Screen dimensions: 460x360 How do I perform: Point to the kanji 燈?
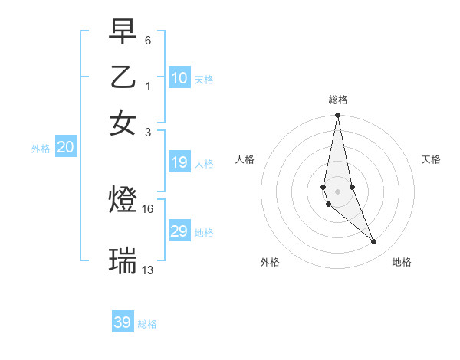coord(123,201)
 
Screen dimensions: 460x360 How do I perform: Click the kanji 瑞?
coord(123,260)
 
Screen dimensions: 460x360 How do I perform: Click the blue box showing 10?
coord(179,78)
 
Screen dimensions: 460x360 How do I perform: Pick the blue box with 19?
coord(179,162)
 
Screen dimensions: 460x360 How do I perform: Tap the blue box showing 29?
coord(179,231)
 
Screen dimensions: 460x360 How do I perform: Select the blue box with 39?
coord(123,322)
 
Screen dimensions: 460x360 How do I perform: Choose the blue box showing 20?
coord(66,148)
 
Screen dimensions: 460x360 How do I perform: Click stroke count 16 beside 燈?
coord(148,208)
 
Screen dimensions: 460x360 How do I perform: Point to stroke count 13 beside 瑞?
coord(148,270)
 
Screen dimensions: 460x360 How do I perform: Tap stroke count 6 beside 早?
coord(148,39)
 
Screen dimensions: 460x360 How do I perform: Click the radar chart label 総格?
coord(337,100)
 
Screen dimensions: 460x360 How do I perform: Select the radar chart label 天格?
coord(431,159)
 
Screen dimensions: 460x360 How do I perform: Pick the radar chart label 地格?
coord(402,262)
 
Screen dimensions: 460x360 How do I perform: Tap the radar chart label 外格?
coord(270,262)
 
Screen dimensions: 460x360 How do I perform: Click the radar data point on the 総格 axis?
coord(337,116)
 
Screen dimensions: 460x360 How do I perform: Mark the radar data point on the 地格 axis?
coord(374,242)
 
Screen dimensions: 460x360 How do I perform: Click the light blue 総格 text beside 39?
coord(147,324)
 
